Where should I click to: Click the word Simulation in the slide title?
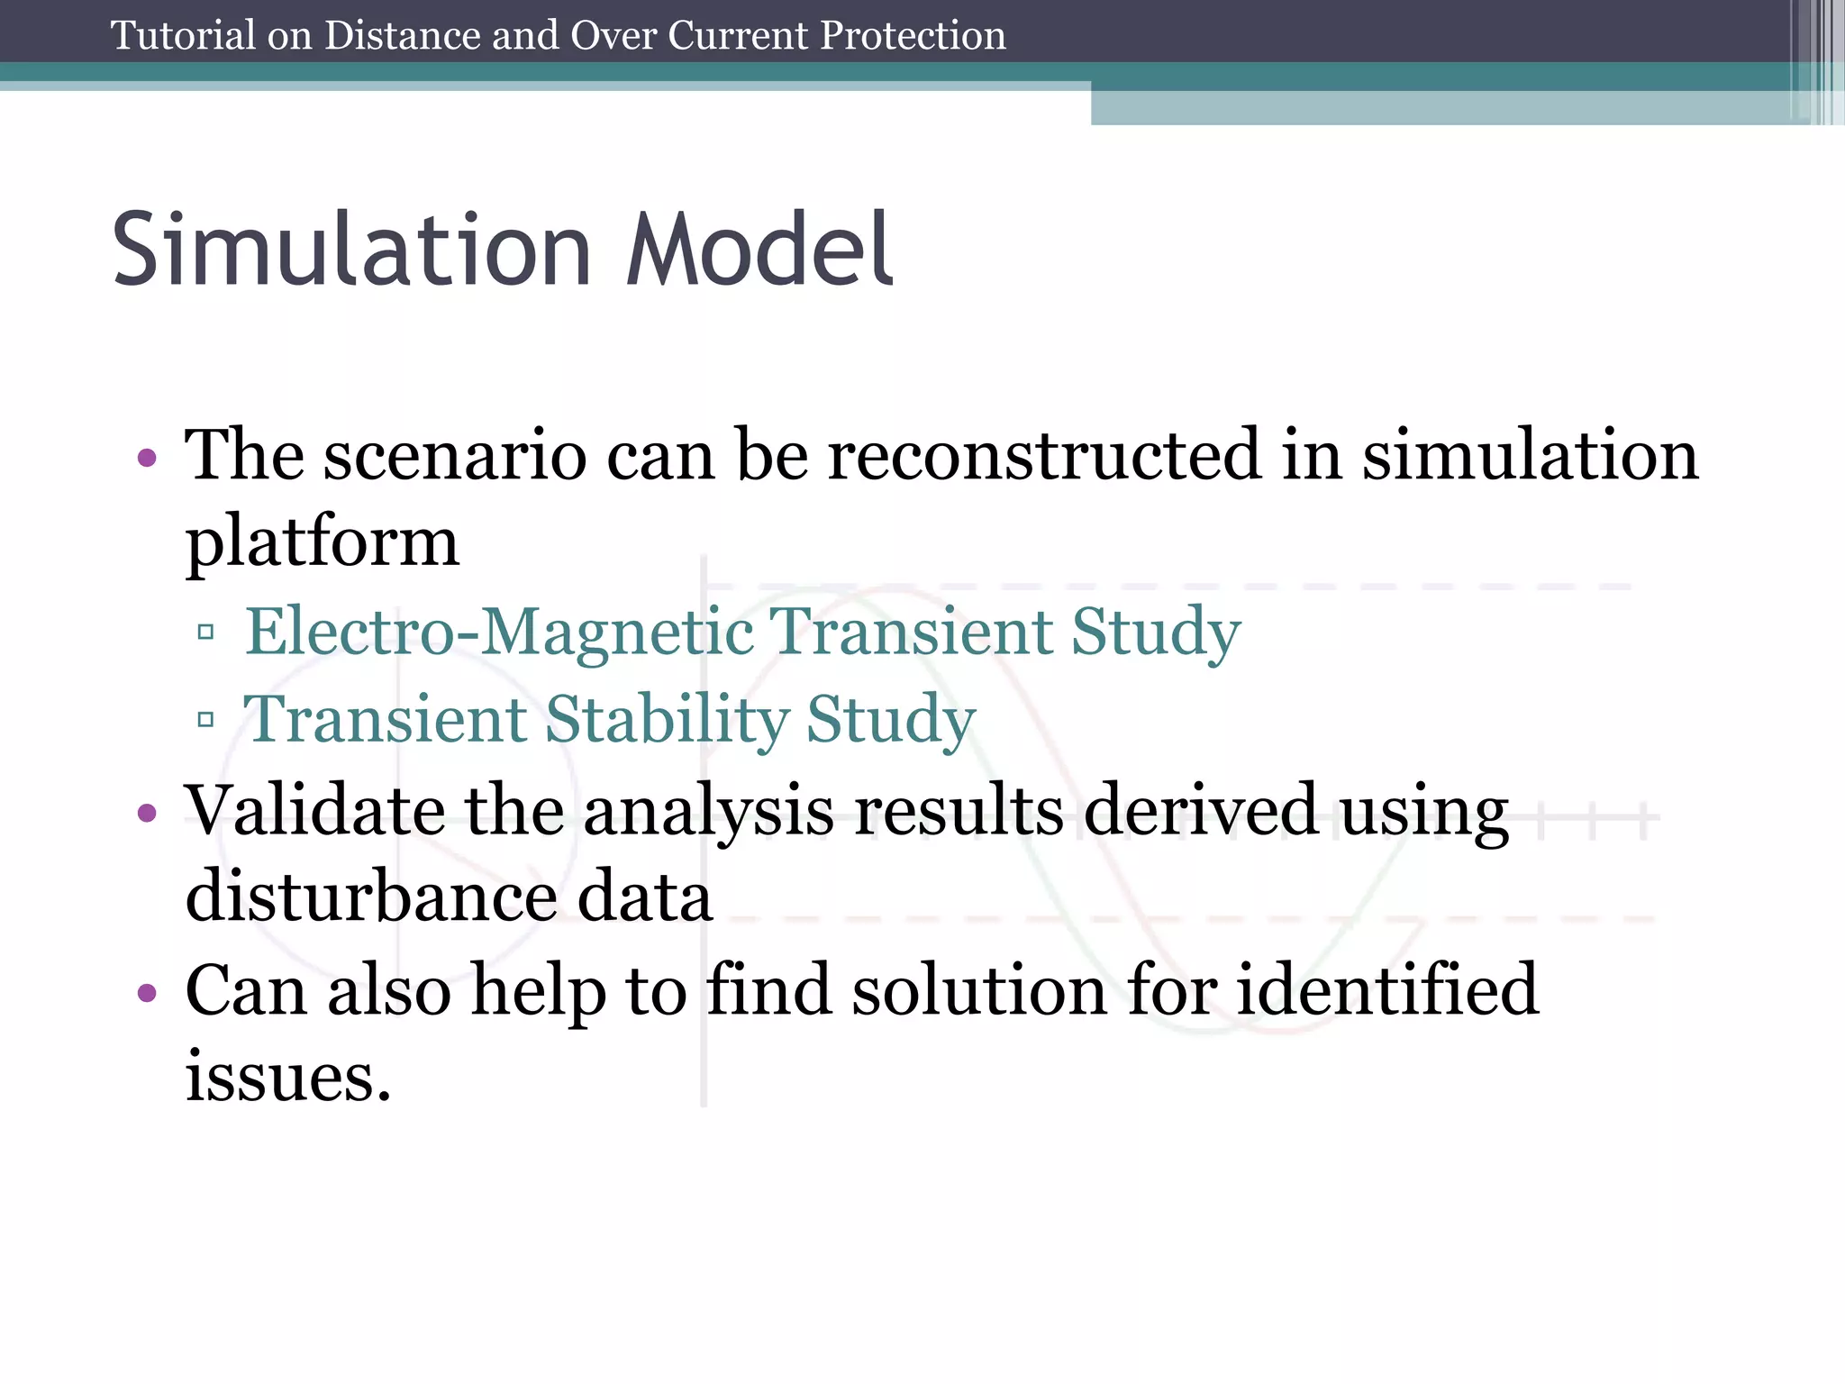351,250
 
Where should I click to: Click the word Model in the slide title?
759,250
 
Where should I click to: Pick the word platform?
322,543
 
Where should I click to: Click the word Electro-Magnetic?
499,632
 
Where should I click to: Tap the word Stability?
667,720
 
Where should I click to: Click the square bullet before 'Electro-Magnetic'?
205,633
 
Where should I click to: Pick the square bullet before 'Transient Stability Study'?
205,720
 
